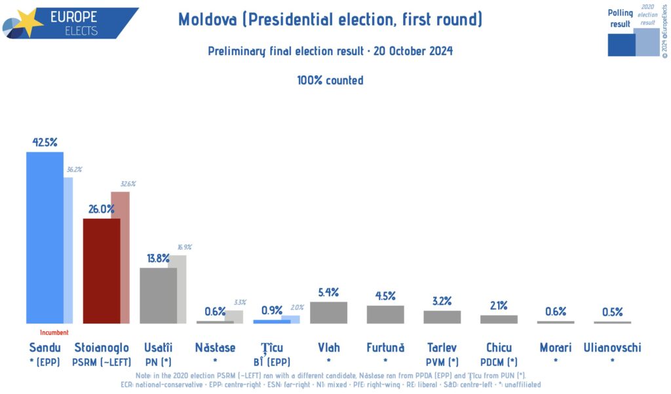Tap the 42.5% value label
[45, 142]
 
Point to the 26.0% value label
[101, 209]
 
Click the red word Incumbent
[54, 333]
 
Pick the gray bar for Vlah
[328, 312]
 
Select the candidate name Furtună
[385, 348]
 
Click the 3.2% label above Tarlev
[442, 302]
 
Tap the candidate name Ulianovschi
[612, 348]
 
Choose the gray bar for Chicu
[499, 319]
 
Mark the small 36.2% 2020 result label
[73, 170]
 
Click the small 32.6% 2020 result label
[127, 184]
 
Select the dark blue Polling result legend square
[621, 44]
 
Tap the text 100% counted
[330, 81]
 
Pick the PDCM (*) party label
[499, 361]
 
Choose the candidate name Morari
[555, 348]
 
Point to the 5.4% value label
[328, 293]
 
